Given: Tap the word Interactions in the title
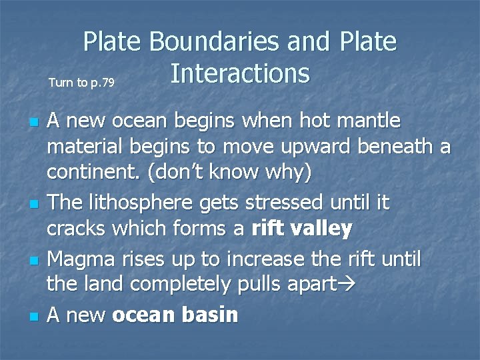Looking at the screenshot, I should (x=239, y=73).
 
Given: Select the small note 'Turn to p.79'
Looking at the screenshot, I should (x=81, y=83).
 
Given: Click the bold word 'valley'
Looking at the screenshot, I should (x=322, y=228).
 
